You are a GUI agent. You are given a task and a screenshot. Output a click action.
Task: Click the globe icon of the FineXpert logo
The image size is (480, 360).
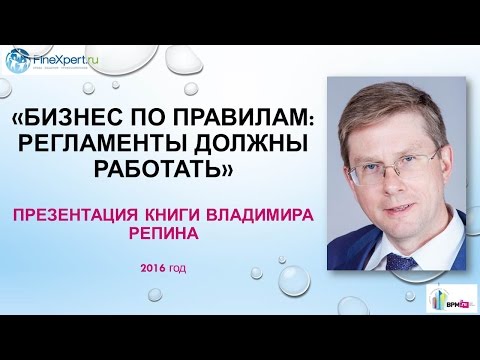tap(17, 60)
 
